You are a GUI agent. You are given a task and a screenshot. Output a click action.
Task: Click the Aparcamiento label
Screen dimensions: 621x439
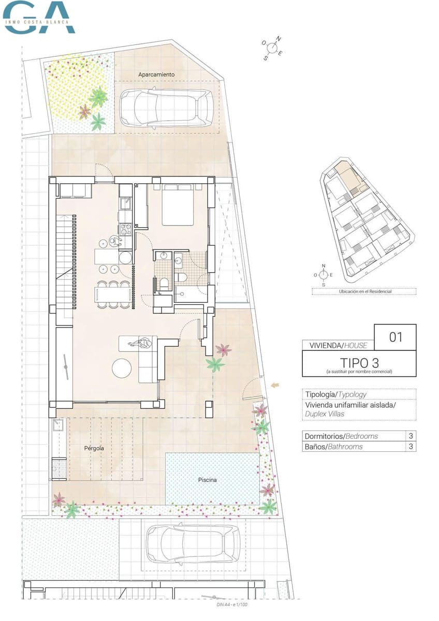[156, 75]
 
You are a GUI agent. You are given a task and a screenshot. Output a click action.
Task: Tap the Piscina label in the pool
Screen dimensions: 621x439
[207, 480]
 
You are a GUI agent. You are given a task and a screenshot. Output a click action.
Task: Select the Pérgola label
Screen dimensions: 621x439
[94, 448]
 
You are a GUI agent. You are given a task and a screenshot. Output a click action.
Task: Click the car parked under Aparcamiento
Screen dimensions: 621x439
[166, 108]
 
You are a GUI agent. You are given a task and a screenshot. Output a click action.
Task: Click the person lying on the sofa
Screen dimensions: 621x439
[141, 343]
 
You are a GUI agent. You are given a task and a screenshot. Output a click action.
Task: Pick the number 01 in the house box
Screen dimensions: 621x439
[395, 337]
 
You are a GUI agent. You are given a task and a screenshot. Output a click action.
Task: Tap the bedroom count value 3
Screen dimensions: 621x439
[411, 436]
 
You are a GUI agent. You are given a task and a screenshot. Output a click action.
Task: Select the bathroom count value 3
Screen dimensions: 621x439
[411, 446]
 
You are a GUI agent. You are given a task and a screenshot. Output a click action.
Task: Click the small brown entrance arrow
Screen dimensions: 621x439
[275, 385]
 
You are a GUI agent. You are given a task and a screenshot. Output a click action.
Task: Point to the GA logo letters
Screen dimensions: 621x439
[39, 17]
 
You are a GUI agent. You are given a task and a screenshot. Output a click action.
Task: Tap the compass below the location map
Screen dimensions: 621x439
[324, 275]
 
